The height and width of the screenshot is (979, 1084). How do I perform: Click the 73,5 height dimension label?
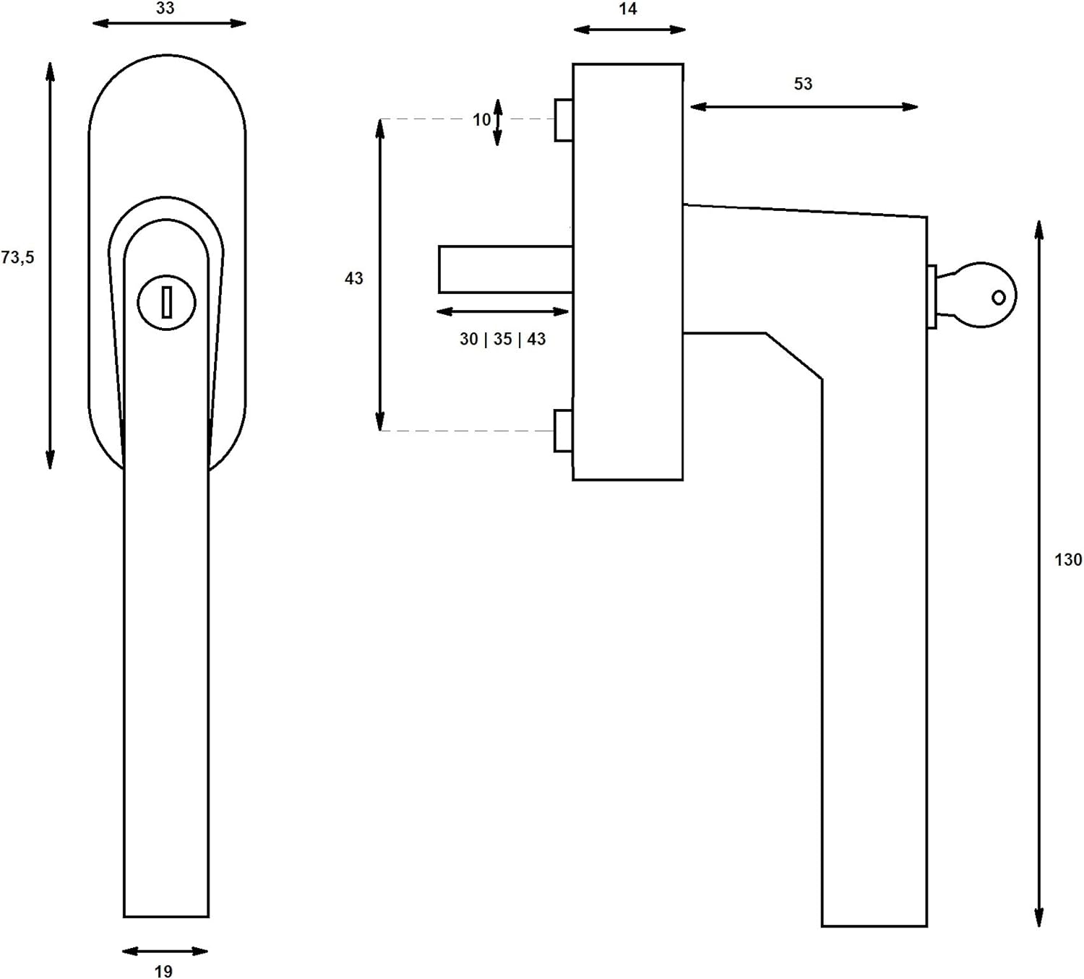click(x=17, y=258)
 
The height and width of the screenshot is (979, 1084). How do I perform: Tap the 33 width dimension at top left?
click(x=165, y=8)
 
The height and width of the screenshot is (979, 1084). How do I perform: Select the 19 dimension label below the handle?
click(x=163, y=972)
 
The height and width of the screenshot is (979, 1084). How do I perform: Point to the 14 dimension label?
click(x=627, y=9)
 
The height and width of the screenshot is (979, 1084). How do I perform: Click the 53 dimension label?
click(x=803, y=84)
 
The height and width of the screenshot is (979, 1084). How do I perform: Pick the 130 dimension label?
click(x=1068, y=560)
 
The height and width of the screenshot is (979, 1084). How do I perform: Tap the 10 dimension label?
click(x=481, y=119)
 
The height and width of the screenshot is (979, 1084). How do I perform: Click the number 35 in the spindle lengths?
click(x=502, y=340)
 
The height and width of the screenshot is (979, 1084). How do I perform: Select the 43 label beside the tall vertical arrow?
click(x=354, y=279)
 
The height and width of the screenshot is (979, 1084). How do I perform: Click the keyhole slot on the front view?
click(x=167, y=302)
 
